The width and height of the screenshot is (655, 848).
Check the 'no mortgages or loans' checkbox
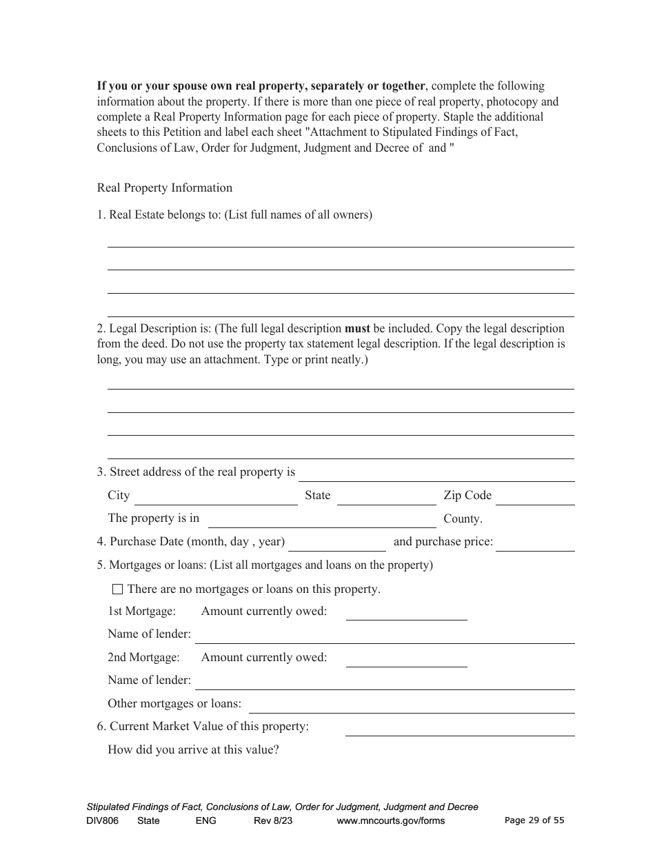tap(117, 589)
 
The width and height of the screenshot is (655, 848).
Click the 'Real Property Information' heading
tap(165, 188)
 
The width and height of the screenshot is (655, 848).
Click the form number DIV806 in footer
tap(101, 820)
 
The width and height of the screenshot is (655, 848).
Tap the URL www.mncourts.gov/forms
tap(391, 820)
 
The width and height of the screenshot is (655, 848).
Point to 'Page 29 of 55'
tap(534, 820)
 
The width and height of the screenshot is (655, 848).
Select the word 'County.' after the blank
tap(463, 519)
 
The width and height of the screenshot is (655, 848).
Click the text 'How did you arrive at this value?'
tap(193, 749)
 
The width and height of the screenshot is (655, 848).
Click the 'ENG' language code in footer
tap(205, 820)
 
